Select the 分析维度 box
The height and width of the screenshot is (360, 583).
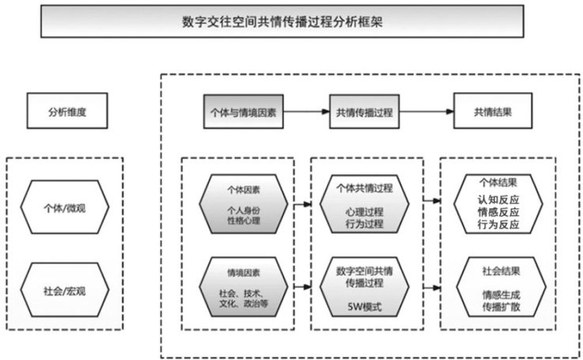66,111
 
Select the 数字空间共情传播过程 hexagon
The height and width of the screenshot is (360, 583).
364,286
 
